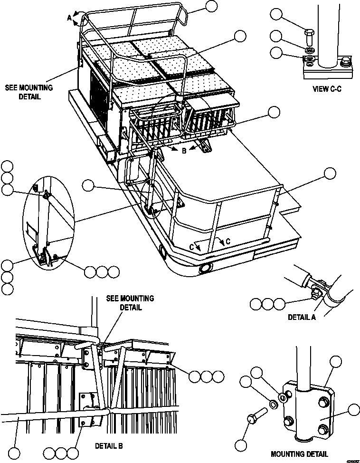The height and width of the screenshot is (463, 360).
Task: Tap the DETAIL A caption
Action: (302, 317)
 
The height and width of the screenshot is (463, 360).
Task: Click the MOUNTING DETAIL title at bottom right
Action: (299, 454)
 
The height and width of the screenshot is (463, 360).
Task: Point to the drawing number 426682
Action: (351, 460)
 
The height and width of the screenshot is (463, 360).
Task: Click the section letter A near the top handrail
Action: (69, 18)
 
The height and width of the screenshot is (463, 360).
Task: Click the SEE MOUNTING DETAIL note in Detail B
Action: (130, 302)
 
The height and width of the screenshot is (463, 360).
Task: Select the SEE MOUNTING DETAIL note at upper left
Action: (29, 92)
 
